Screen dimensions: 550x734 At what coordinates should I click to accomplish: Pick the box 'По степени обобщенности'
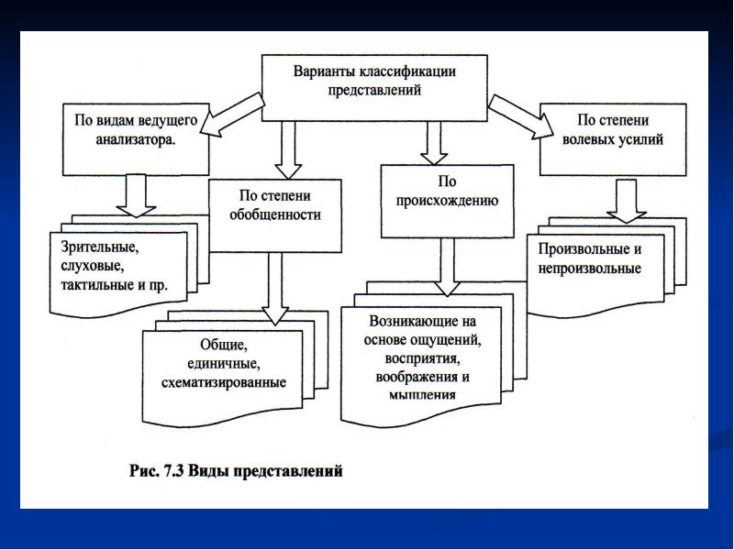pos(274,205)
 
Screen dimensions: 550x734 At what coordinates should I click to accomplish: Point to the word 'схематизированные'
pos(224,381)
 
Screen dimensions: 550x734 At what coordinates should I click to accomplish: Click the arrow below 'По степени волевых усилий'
pos(627,199)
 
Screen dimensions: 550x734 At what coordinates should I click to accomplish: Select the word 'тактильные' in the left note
pos(100,284)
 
